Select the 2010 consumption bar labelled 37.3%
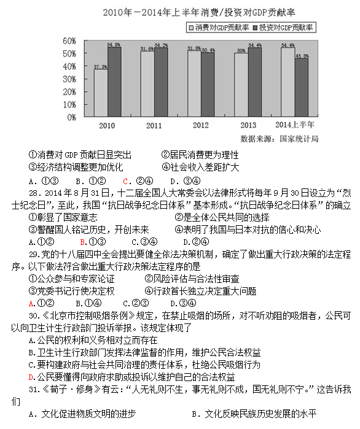(100, 92)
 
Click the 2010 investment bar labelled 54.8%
(114, 80)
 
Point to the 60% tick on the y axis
(69, 41)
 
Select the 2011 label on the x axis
(154, 126)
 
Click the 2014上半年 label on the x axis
(294, 126)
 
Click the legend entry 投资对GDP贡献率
(286, 28)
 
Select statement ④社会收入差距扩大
(200, 167)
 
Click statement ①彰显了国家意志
(63, 217)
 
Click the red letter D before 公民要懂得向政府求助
(31, 377)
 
